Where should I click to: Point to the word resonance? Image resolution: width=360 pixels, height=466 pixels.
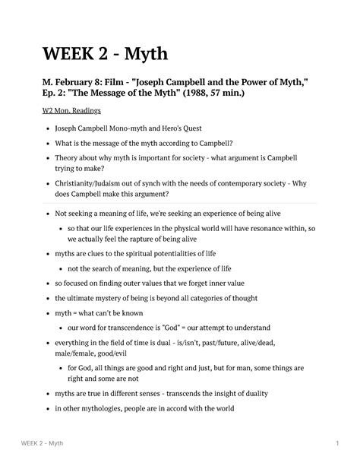coord(269,227)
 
